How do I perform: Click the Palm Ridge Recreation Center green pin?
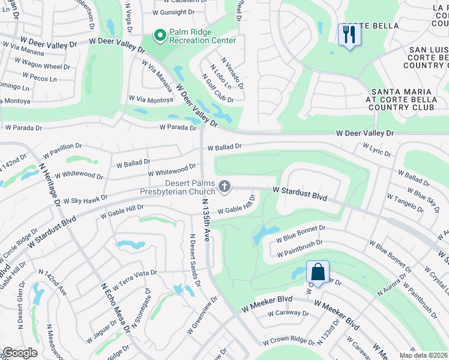[x=160, y=37]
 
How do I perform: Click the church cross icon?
[x=224, y=187]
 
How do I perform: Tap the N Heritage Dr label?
[x=50, y=178]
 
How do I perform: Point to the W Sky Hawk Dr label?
[x=85, y=199]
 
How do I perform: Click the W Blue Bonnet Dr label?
[x=300, y=233]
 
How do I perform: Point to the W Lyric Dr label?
[x=377, y=148]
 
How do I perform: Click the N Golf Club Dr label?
[x=218, y=88]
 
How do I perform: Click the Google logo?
[x=20, y=353]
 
